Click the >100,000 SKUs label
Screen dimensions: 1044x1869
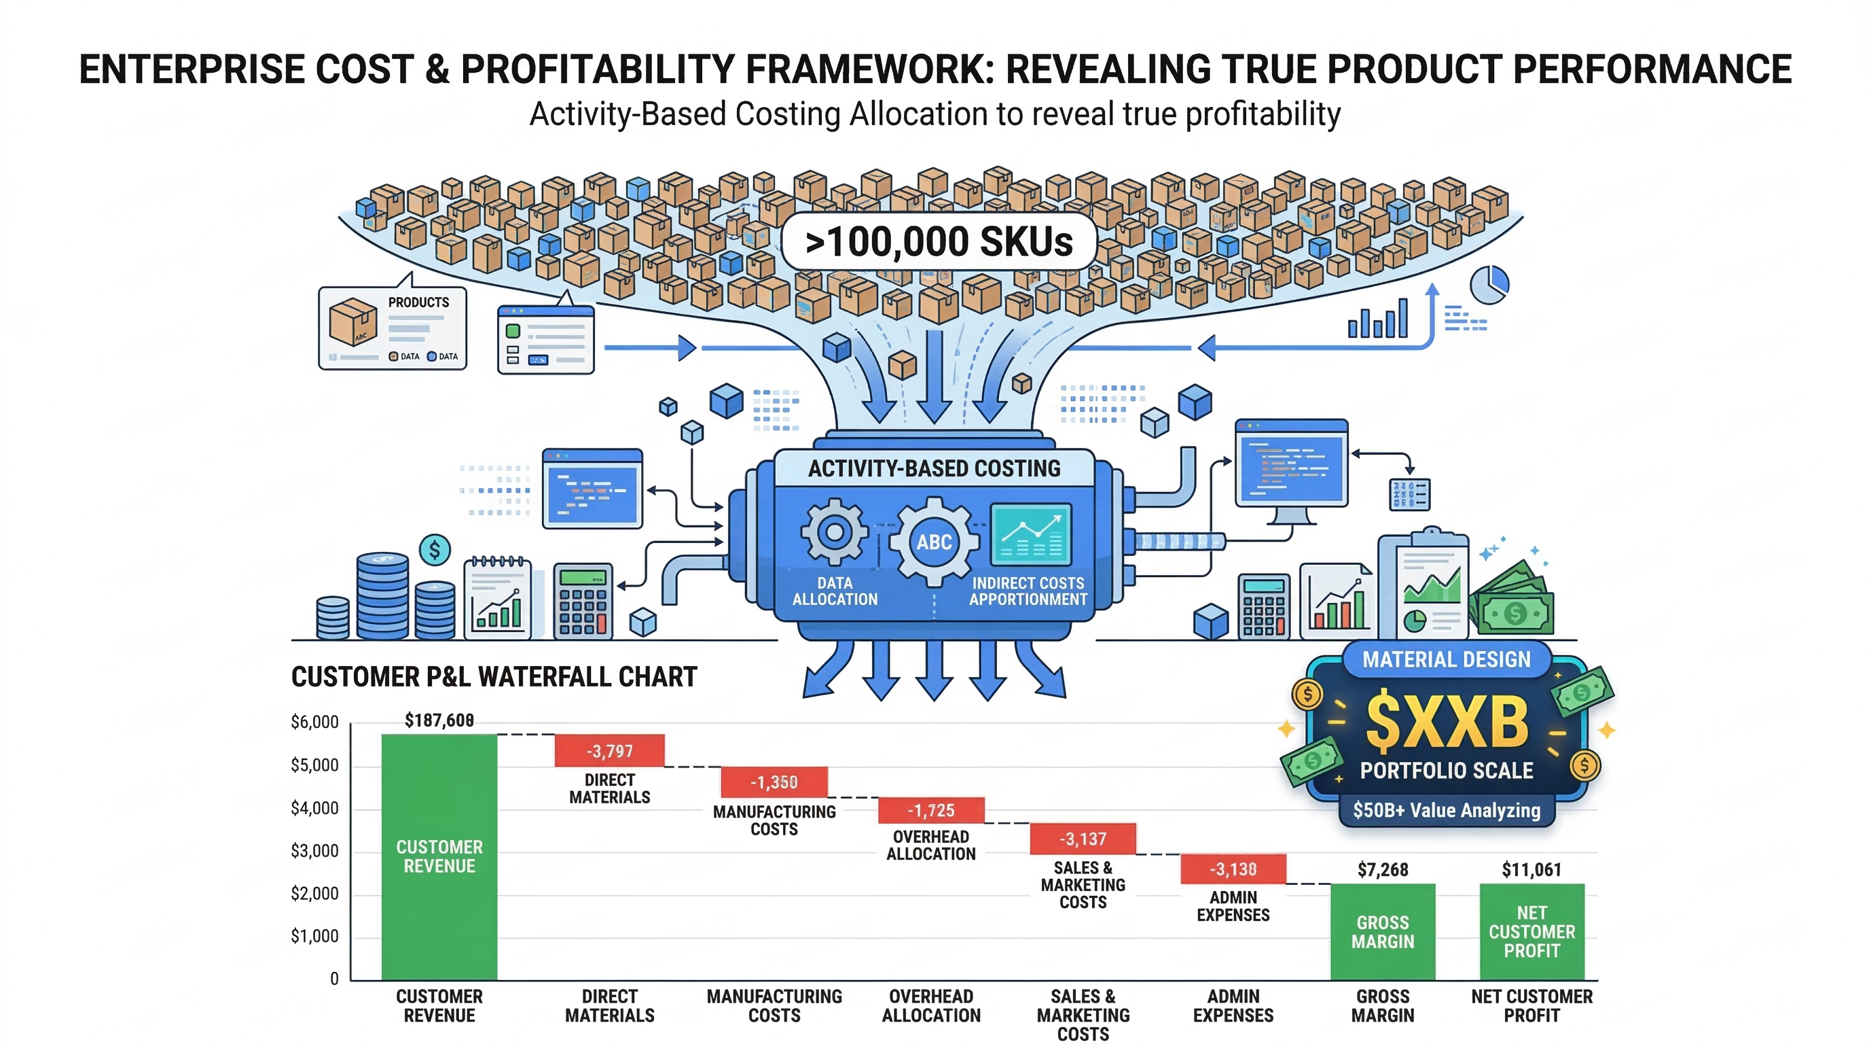tap(938, 242)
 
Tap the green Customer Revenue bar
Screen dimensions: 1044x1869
tap(439, 856)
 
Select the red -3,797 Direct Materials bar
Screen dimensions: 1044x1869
tap(609, 750)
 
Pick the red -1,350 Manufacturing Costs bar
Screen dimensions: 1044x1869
tap(774, 782)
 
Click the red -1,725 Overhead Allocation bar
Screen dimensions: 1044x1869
tap(931, 810)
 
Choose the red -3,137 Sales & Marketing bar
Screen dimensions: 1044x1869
tap(1083, 839)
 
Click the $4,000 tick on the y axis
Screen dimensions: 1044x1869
tap(314, 808)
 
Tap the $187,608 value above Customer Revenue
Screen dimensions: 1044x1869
tap(439, 720)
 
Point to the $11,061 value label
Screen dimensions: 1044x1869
tap(1531, 869)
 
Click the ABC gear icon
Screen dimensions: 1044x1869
tap(934, 542)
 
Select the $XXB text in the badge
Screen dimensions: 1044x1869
tap(1447, 723)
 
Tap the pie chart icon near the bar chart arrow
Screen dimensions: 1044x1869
tap(1489, 285)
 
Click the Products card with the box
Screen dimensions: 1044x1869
tap(393, 328)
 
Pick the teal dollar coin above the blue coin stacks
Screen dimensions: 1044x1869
tap(435, 551)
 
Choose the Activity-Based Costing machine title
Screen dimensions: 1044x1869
tap(934, 468)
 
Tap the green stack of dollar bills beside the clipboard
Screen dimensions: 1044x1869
tap(1512, 601)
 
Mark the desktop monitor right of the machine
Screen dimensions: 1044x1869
tap(1291, 468)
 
